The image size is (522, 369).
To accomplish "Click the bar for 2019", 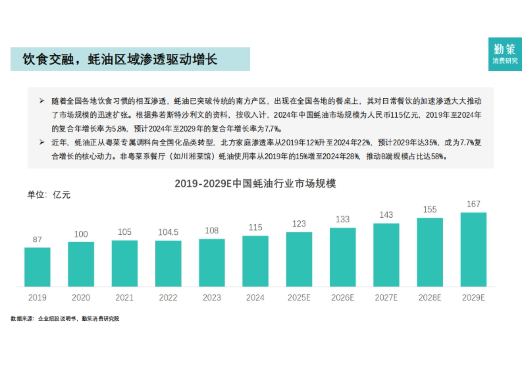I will (x=37, y=267).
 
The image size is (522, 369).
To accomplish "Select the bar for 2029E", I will (x=473, y=249).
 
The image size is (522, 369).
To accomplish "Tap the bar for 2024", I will (x=255, y=261).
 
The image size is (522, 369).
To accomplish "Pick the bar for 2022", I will (x=168, y=263).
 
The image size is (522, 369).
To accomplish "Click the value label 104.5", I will (x=168, y=232).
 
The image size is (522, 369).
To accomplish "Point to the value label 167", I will (x=473, y=204).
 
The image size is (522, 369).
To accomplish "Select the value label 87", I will (x=37, y=239).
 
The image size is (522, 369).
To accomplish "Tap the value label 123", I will (x=299, y=224).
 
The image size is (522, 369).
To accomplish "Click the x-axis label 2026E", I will (x=342, y=298).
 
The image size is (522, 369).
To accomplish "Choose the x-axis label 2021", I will (x=124, y=298).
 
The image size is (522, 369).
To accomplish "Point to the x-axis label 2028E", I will (x=430, y=298).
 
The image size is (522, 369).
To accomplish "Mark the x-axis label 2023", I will (x=212, y=298).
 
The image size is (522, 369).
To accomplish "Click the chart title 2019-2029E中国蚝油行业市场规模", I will (x=255, y=183).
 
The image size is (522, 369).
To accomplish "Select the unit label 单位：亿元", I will (x=49, y=195).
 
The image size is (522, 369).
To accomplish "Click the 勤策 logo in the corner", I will (x=505, y=54).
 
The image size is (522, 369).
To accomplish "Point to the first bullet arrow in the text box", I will (x=42, y=101).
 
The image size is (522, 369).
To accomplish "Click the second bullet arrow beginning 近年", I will (x=42, y=143).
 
